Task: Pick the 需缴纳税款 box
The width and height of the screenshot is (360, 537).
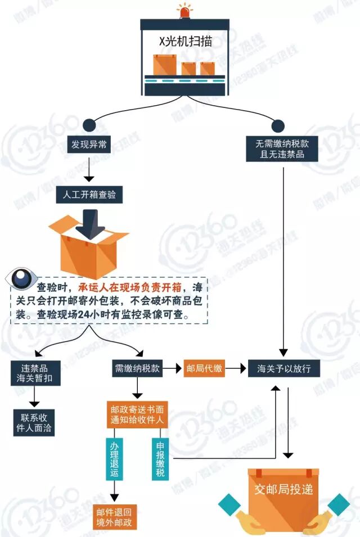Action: (x=137, y=369)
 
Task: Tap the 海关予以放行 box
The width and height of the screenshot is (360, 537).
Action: (x=288, y=369)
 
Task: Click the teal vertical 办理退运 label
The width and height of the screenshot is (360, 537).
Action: (x=114, y=460)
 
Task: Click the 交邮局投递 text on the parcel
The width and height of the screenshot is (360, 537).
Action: (x=283, y=489)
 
